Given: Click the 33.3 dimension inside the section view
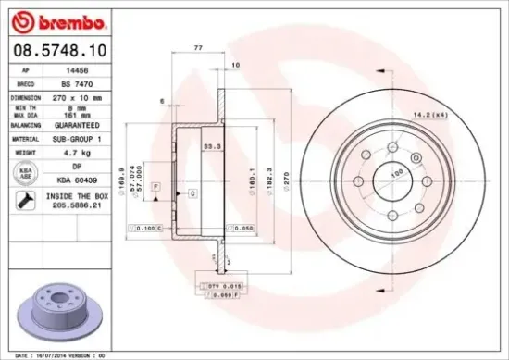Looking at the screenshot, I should click(211, 143).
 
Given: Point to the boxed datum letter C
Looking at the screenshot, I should click(192, 193).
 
